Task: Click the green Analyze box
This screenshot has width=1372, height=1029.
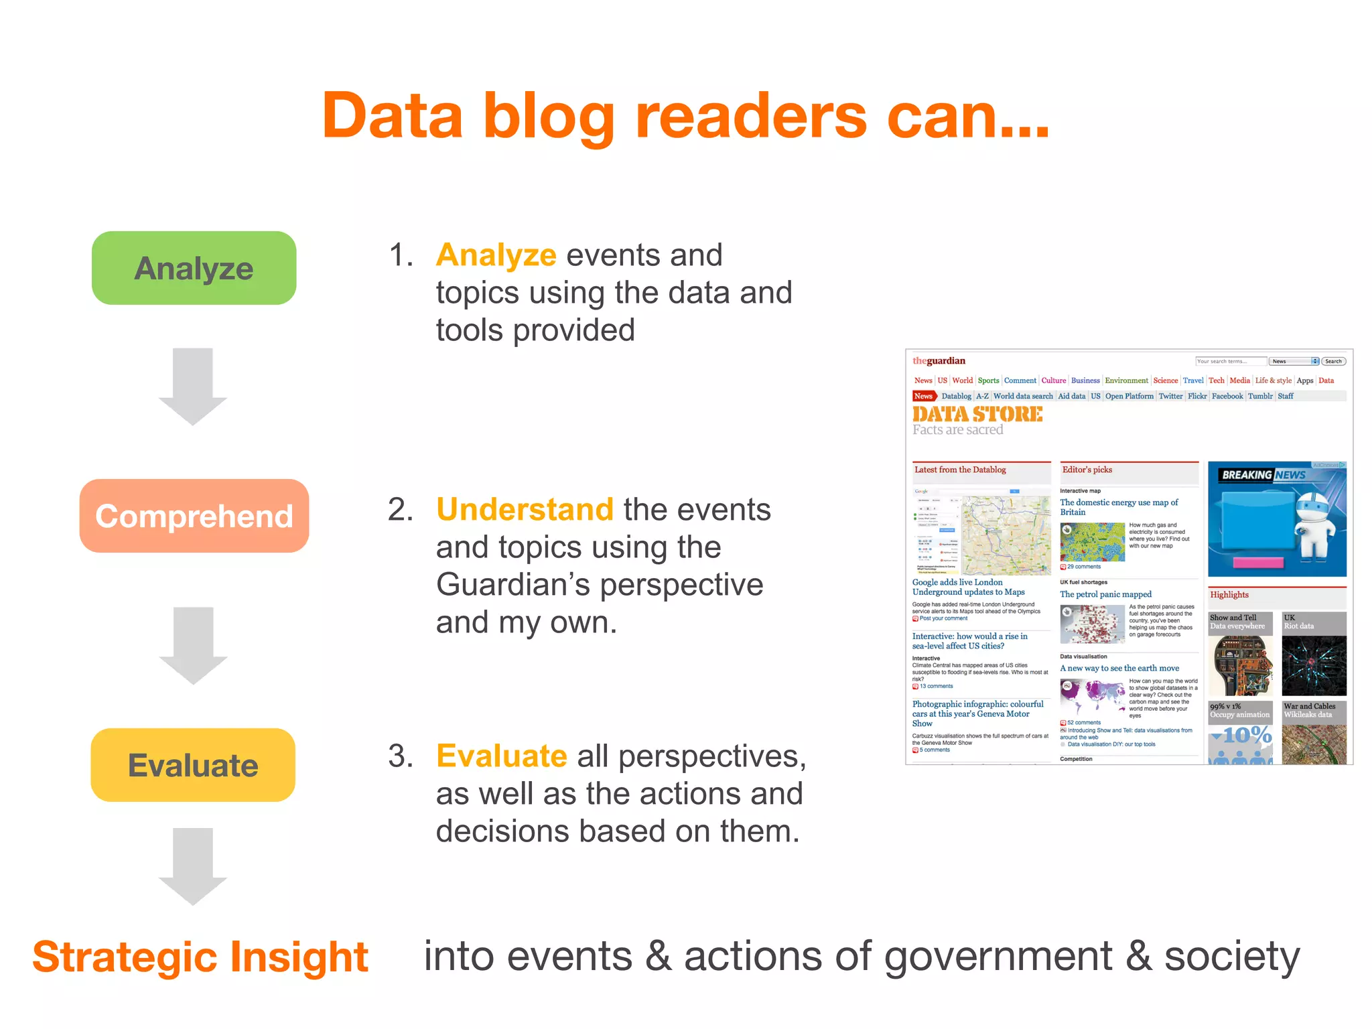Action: click(x=194, y=268)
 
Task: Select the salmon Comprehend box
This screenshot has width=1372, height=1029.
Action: click(x=194, y=516)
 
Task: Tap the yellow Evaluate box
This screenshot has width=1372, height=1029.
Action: click(x=193, y=765)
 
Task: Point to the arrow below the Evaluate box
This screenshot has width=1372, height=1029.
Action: click(x=193, y=866)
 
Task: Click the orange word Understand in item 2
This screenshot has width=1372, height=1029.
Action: click(x=525, y=510)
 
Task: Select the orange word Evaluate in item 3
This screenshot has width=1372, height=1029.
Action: click(x=501, y=756)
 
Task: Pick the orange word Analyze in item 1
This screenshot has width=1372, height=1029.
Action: click(x=496, y=255)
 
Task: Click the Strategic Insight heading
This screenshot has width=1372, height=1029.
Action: click(x=200, y=957)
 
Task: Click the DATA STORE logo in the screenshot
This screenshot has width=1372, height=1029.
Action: click(x=977, y=414)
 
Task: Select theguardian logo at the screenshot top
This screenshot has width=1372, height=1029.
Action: click(x=939, y=361)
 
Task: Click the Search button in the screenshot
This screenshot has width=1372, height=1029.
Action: click(x=1333, y=361)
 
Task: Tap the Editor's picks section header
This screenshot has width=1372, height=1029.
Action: click(x=1087, y=470)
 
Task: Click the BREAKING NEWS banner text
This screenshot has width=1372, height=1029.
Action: click(x=1263, y=475)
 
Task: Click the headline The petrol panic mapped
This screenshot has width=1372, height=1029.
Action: click(x=1105, y=594)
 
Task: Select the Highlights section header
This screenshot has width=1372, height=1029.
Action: click(x=1229, y=594)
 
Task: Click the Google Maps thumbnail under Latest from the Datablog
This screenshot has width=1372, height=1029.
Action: click(x=981, y=535)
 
